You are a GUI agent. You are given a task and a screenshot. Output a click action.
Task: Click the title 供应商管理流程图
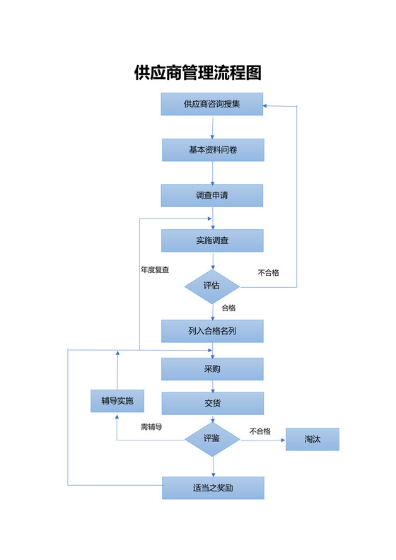[198, 73]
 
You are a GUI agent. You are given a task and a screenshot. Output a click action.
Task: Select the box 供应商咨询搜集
[212, 104]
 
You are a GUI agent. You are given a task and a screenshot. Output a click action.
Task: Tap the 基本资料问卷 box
[213, 150]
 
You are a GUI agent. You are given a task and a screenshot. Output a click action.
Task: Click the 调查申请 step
[212, 195]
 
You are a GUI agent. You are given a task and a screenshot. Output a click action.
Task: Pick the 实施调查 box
[212, 240]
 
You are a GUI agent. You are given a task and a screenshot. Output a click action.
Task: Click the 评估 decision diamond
[212, 286]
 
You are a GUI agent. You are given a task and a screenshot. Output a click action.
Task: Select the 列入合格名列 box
[212, 331]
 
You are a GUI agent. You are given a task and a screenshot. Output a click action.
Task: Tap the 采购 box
[212, 369]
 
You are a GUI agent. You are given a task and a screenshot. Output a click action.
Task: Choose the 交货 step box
[213, 403]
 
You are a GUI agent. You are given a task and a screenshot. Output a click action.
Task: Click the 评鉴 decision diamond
[212, 439]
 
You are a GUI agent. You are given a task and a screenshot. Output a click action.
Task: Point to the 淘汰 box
[313, 439]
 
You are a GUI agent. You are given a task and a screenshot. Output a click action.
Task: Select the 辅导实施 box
[117, 401]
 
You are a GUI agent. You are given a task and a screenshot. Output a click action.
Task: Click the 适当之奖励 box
[213, 488]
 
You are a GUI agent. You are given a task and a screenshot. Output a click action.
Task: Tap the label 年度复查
[155, 269]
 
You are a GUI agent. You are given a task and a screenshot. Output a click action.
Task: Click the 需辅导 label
[151, 427]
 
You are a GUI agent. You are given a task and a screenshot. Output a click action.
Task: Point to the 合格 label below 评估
[228, 308]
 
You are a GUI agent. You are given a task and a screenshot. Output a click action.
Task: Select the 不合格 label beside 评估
[269, 272]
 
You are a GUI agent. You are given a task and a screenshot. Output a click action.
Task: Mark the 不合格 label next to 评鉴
[260, 431]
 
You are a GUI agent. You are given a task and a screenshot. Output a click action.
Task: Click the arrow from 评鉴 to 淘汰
[263, 440]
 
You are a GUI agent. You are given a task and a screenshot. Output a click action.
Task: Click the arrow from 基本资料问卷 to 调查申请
[213, 173]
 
